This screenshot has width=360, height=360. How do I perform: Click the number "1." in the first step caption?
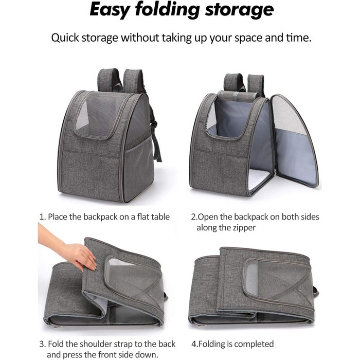43,217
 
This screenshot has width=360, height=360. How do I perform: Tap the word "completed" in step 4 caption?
254,344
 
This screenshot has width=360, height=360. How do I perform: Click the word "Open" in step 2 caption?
208,217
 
